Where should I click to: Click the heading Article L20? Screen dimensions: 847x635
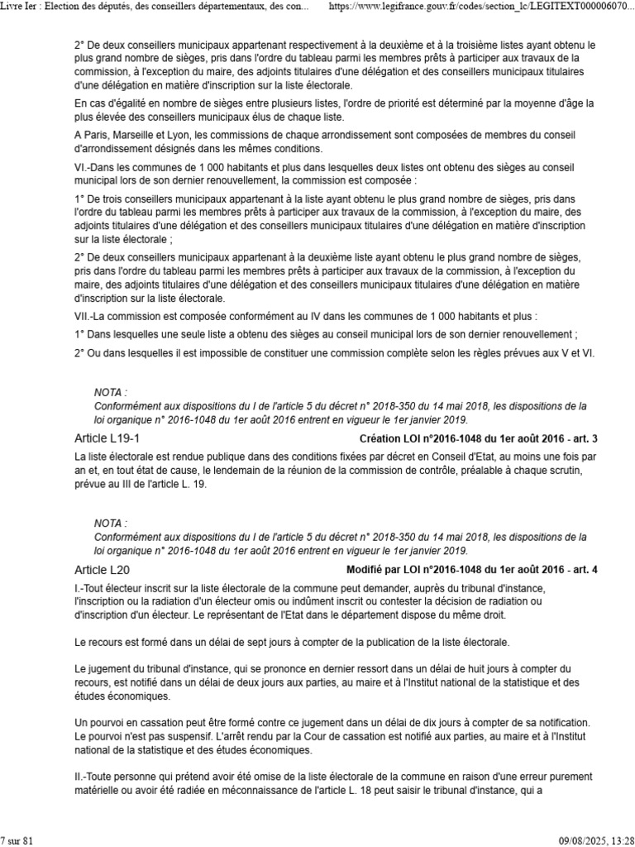102,570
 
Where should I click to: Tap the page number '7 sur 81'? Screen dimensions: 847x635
17,840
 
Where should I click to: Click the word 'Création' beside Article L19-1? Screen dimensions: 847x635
380,438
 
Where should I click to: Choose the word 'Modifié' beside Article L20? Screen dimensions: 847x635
366,570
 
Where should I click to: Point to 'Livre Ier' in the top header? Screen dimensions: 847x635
18,7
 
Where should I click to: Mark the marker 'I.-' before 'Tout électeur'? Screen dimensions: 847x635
80,586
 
